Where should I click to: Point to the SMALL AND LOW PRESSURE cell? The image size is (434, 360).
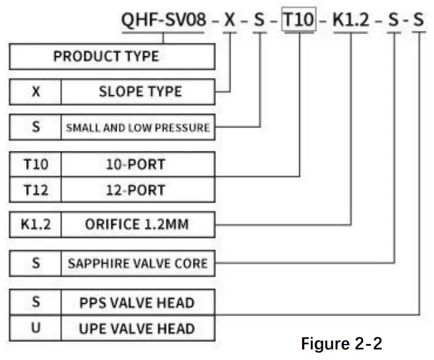point(137,127)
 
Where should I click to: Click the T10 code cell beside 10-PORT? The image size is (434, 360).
point(35,164)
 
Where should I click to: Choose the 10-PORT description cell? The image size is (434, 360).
point(137,164)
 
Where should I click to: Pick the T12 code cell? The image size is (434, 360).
point(35,190)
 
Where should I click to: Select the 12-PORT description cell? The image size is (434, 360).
point(137,190)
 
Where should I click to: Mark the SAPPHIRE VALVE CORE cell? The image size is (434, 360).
point(137,263)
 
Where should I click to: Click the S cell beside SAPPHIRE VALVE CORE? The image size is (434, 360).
point(35,263)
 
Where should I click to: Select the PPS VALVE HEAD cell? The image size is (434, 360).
point(137,302)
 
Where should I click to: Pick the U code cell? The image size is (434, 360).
point(35,328)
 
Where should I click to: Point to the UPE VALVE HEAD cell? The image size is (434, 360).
point(137,328)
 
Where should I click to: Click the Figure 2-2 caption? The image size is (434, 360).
point(342,344)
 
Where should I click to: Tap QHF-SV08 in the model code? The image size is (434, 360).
point(165,19)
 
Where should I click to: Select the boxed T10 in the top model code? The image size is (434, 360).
point(298,19)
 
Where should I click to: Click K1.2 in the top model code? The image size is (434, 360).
point(351,19)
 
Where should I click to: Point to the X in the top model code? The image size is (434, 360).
point(230,19)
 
